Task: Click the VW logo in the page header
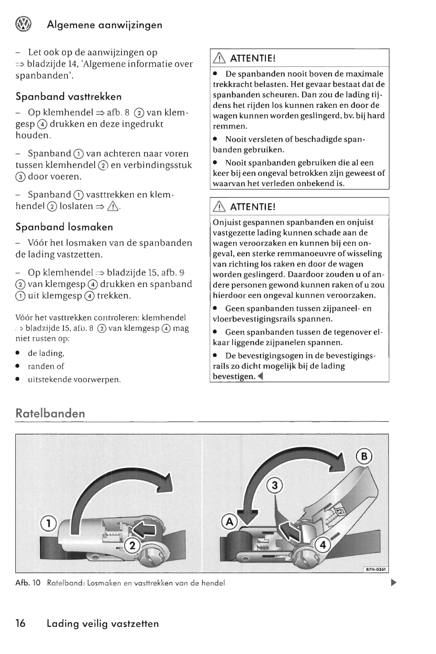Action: (x=23, y=25)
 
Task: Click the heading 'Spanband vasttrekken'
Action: (x=68, y=97)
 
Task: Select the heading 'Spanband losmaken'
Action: (x=64, y=227)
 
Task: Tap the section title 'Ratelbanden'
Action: (x=50, y=414)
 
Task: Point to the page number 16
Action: (x=20, y=624)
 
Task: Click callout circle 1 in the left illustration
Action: (x=48, y=524)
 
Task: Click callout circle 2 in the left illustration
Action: (x=132, y=546)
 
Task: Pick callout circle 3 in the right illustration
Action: (x=275, y=485)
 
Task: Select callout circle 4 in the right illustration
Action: (x=323, y=545)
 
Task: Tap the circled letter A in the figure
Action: (x=229, y=522)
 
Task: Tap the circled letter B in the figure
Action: (x=364, y=456)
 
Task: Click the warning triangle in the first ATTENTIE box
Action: (x=219, y=59)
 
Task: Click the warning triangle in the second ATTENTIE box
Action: (x=219, y=207)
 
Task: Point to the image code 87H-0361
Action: (x=376, y=570)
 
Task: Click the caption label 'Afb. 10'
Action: (x=28, y=583)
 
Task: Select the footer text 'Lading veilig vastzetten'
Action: (x=103, y=624)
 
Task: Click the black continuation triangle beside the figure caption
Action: (x=393, y=582)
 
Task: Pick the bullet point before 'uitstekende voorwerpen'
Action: (x=18, y=380)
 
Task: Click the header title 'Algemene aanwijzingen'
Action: (x=104, y=25)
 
